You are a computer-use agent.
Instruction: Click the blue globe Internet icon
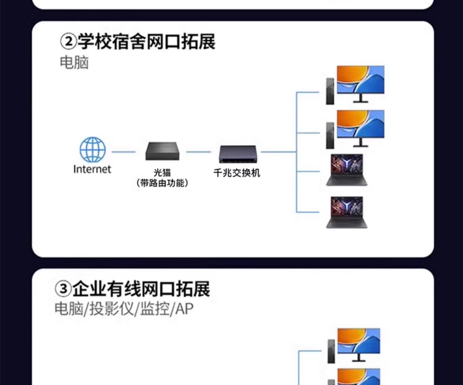[93, 150]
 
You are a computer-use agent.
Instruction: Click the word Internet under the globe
[92, 169]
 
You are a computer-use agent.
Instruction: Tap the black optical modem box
[162, 151]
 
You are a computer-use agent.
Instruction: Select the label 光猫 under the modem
[162, 173]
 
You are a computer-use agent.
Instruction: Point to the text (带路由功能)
[162, 183]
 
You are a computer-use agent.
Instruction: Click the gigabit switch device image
[237, 154]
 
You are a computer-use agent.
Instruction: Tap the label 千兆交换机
[237, 173]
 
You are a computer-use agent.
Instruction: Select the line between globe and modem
[123, 152]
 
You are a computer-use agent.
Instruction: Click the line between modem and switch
[198, 152]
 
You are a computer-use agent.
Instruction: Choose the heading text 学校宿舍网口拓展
[146, 41]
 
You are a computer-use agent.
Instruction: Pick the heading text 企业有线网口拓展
[141, 289]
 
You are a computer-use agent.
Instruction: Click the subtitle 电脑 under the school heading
[74, 62]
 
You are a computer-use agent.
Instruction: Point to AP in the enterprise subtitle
[184, 308]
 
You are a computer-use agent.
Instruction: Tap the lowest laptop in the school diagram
[347, 212]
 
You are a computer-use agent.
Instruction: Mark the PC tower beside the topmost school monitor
[330, 91]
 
